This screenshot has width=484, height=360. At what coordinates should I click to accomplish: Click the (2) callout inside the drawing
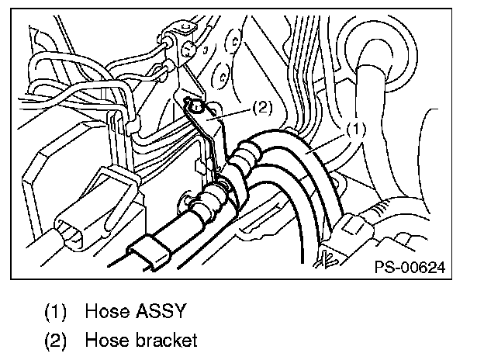[261, 109]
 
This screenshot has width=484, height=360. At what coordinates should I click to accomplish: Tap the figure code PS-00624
[409, 267]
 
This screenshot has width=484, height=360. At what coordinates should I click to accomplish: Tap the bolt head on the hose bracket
[196, 109]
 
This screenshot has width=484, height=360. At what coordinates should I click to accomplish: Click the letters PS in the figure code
[383, 267]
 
